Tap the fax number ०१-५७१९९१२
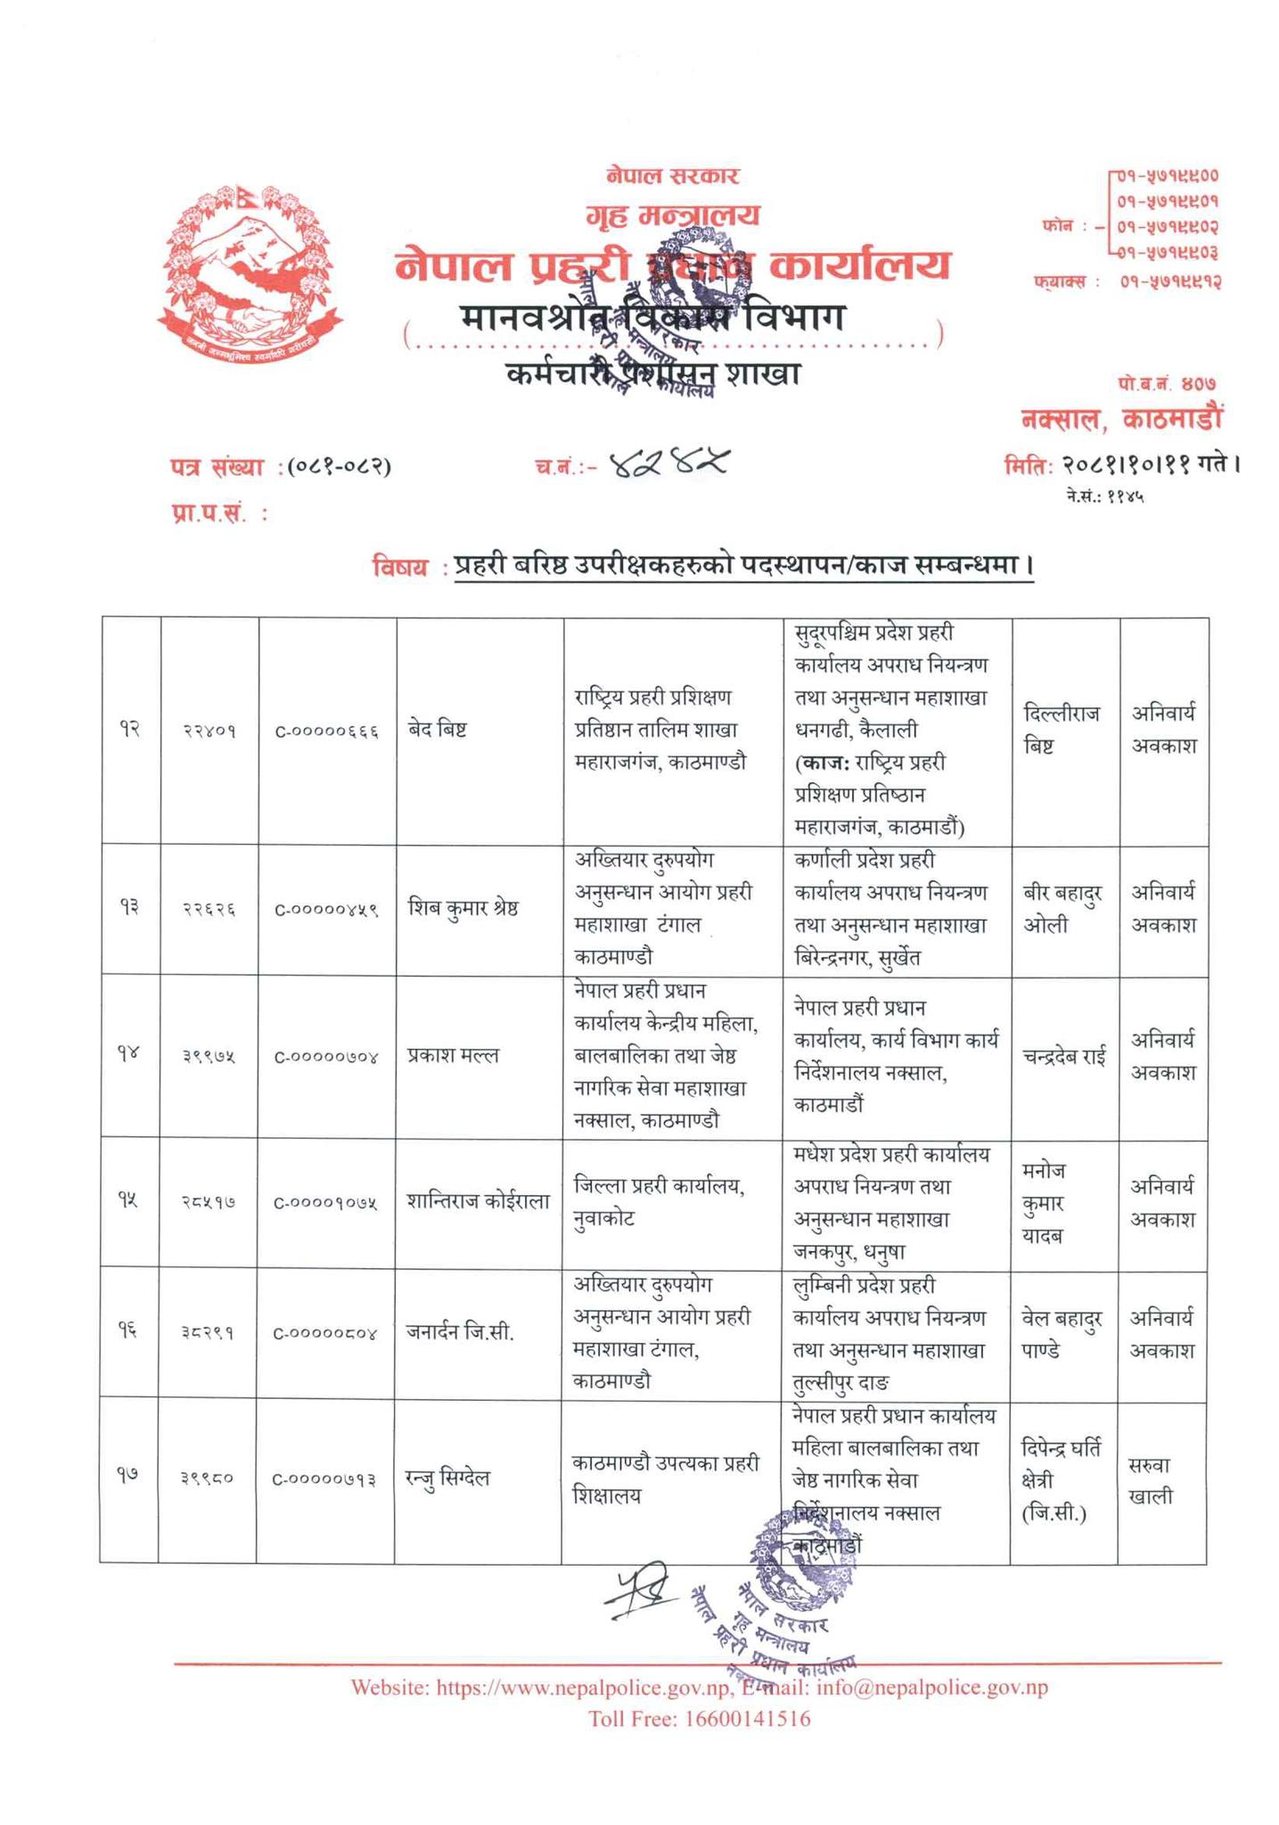(x=1168, y=282)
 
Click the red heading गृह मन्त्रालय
(x=673, y=215)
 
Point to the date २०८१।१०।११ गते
(x=1121, y=464)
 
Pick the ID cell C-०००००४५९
(x=326, y=910)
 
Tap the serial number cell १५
(x=130, y=1202)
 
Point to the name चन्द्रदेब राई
(x=1064, y=1057)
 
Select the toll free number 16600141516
(x=747, y=1719)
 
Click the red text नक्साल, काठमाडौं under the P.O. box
(x=1122, y=418)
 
